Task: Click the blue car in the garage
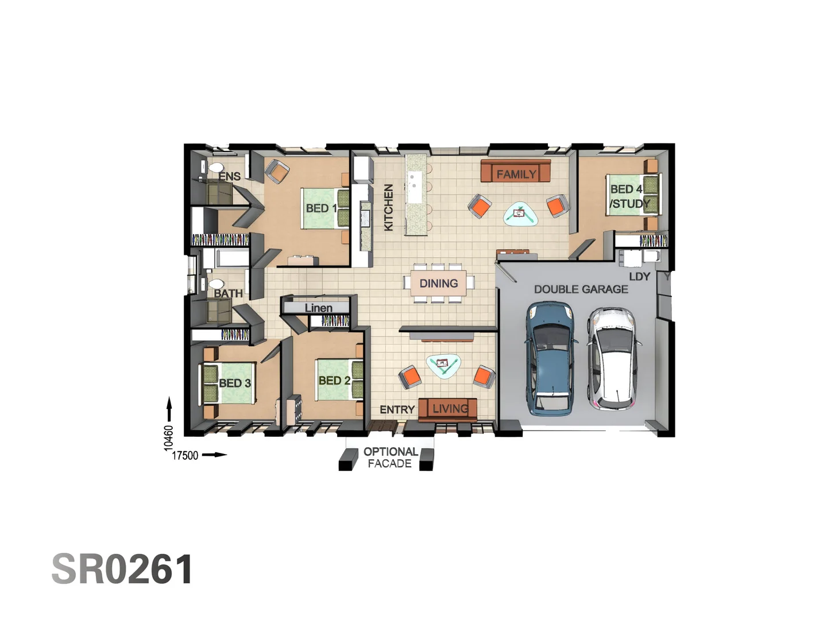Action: [550, 358]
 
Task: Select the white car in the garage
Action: [613, 358]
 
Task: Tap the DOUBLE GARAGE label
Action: [581, 289]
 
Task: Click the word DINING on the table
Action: [439, 284]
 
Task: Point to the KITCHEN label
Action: [389, 207]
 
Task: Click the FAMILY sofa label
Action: [516, 174]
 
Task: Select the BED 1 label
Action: [321, 208]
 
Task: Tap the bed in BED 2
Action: [340, 379]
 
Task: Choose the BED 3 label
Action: [235, 383]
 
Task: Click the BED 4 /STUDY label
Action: [629, 196]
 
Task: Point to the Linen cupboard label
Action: [318, 308]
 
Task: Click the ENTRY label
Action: [397, 409]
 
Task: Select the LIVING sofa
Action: [448, 409]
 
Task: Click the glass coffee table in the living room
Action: [443, 365]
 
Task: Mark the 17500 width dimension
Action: [185, 455]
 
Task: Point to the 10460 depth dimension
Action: [168, 436]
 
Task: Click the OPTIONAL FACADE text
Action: [390, 458]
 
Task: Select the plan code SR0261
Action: [122, 569]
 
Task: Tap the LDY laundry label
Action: [639, 277]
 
